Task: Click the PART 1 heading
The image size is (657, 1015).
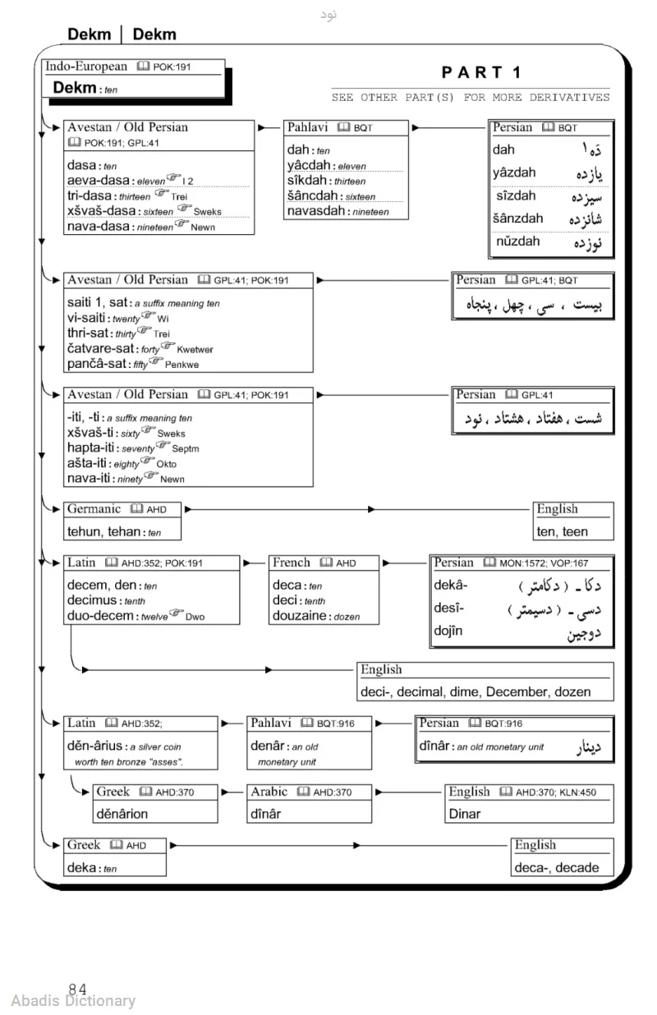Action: pyautogui.click(x=481, y=72)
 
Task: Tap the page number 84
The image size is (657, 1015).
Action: pyautogui.click(x=78, y=990)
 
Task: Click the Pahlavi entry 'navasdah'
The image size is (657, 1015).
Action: pyautogui.click(x=316, y=211)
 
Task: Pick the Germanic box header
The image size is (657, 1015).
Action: pyautogui.click(x=94, y=509)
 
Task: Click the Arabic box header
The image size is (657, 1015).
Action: pyautogui.click(x=269, y=792)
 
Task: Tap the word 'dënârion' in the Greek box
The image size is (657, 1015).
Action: pyautogui.click(x=122, y=814)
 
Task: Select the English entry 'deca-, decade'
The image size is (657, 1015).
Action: pyautogui.click(x=557, y=867)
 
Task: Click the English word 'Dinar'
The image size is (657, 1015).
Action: pyautogui.click(x=465, y=814)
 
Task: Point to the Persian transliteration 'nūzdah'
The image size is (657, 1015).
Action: pyautogui.click(x=518, y=241)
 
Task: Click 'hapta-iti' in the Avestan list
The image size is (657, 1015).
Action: pyautogui.click(x=93, y=448)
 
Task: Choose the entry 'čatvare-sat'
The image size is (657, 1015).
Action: pyautogui.click(x=103, y=349)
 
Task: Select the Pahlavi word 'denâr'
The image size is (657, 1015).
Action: pyautogui.click(x=269, y=746)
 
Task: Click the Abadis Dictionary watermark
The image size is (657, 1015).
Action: pyautogui.click(x=74, y=1000)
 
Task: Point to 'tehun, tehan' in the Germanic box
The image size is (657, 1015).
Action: pyautogui.click(x=103, y=531)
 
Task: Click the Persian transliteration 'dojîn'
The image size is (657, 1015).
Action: pyautogui.click(x=448, y=631)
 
